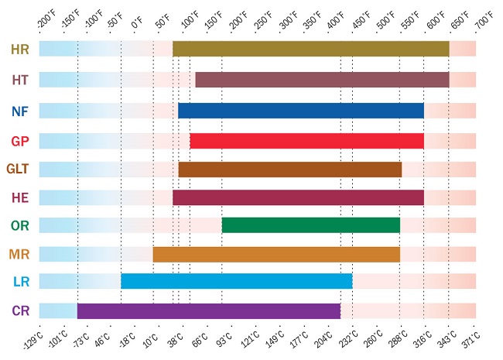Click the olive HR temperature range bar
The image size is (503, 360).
click(311, 49)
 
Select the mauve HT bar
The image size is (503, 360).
click(323, 80)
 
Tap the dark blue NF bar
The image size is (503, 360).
click(301, 111)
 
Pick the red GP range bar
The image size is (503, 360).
click(307, 141)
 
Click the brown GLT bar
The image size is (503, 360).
click(290, 170)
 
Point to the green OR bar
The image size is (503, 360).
click(311, 225)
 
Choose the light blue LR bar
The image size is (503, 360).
click(237, 281)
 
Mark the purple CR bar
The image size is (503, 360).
click(209, 311)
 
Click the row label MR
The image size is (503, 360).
click(19, 255)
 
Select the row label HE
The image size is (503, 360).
click(20, 197)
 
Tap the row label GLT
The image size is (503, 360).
click(18, 169)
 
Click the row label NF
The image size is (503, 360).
click(20, 111)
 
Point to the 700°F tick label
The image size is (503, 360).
click(484, 20)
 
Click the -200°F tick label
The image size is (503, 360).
click(47, 21)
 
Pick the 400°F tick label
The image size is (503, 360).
click(336, 21)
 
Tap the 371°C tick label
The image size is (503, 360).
click(471, 340)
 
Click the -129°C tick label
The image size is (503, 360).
click(33, 341)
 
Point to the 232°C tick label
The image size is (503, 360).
click(348, 339)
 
